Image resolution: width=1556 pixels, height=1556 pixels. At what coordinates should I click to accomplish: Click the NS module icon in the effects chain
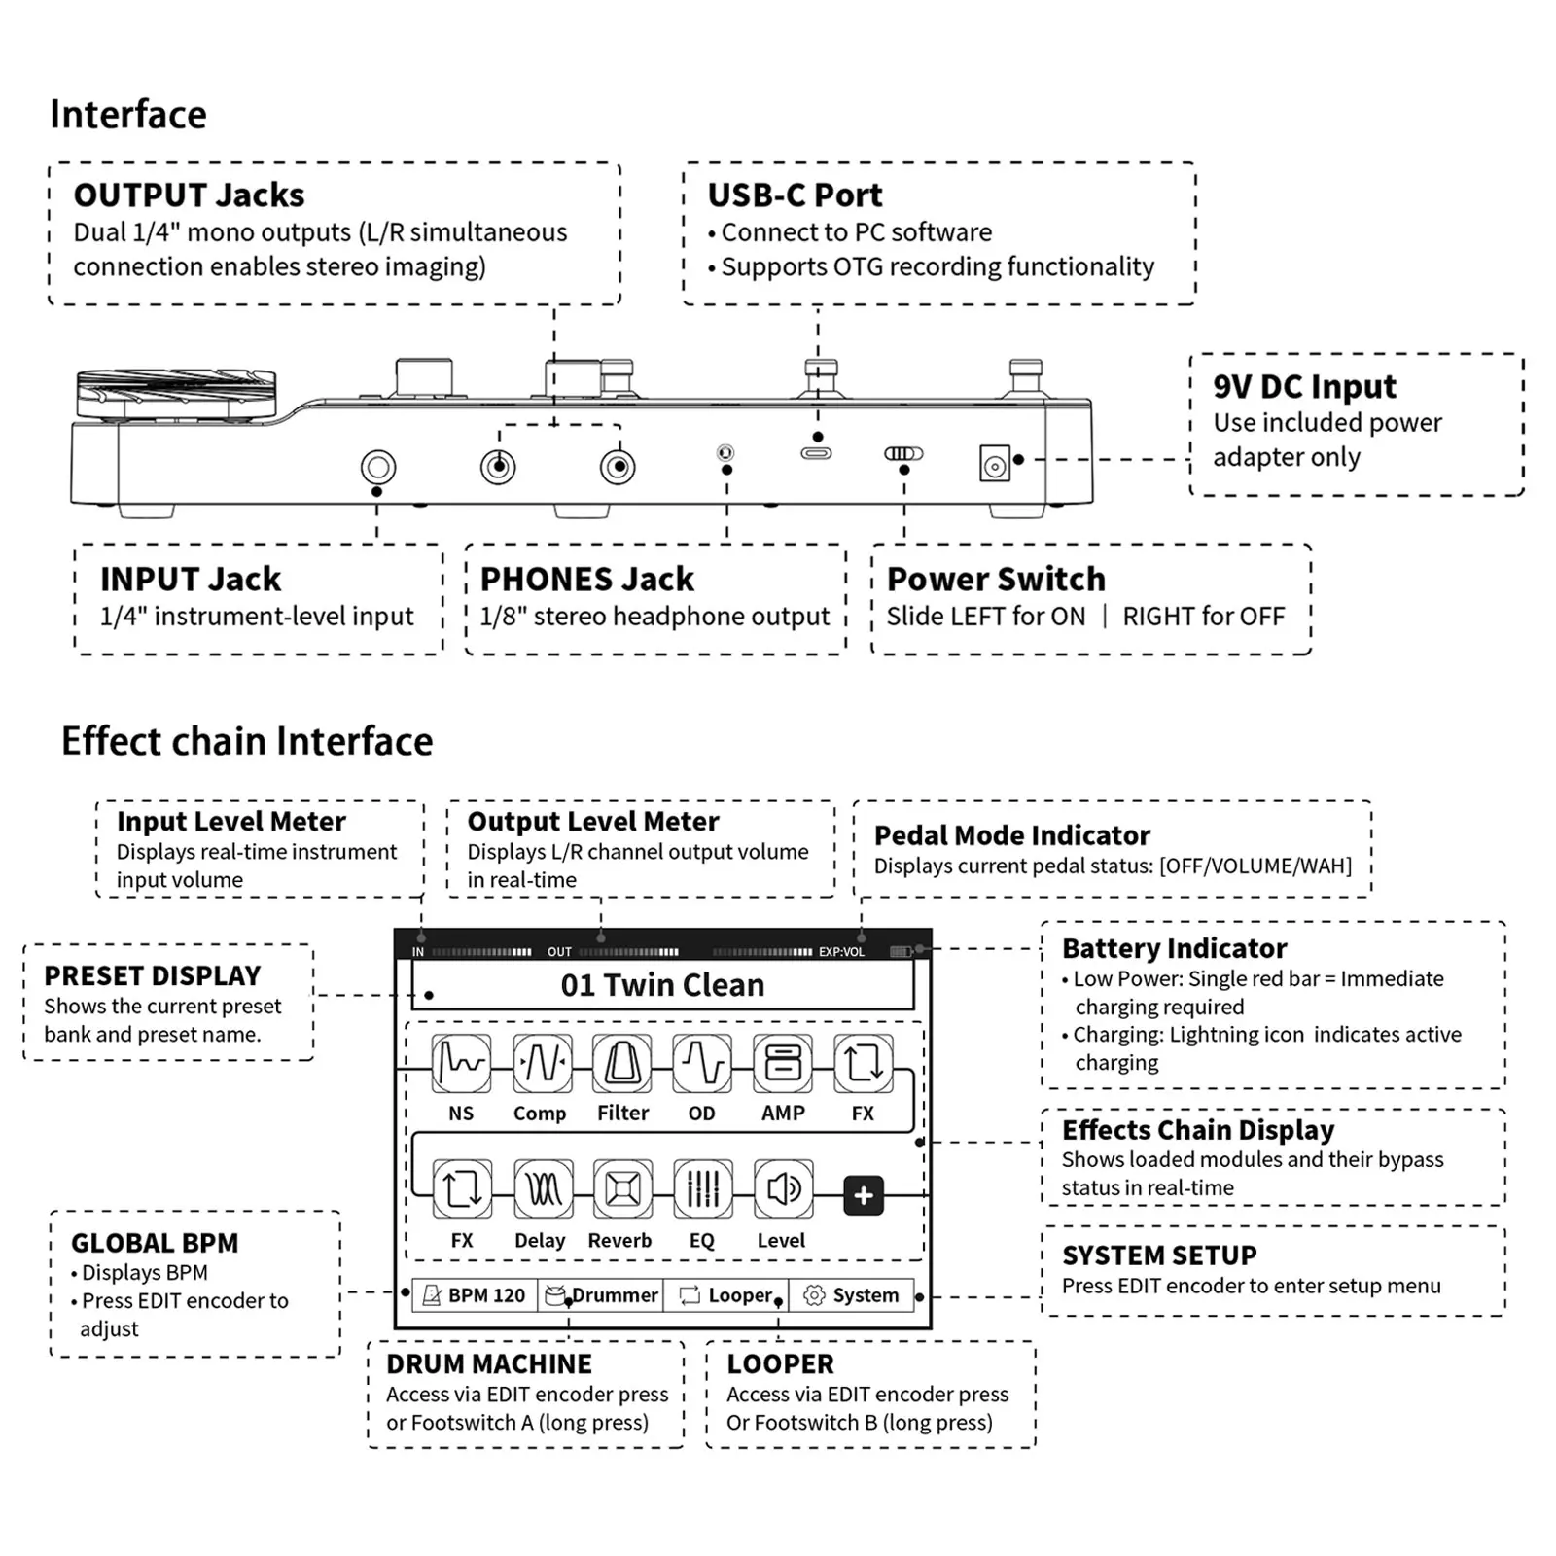pyautogui.click(x=461, y=1063)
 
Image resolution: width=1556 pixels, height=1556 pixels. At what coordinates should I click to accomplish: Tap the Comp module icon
pyautogui.click(x=542, y=1063)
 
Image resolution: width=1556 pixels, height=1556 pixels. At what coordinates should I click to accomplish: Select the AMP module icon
pyautogui.click(x=783, y=1063)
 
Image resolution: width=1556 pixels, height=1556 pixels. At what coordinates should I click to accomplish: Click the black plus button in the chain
pyautogui.click(x=864, y=1195)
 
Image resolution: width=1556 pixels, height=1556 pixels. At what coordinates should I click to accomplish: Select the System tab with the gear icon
pyautogui.click(x=852, y=1295)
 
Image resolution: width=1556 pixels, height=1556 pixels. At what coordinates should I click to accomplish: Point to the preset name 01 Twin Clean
pyautogui.click(x=662, y=985)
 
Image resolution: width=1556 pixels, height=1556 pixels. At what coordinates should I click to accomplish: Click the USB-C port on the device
pyautogui.click(x=816, y=453)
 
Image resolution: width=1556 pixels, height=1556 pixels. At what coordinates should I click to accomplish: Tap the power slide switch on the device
pyautogui.click(x=903, y=453)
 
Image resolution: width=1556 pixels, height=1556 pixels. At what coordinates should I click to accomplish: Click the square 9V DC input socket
pyautogui.click(x=994, y=464)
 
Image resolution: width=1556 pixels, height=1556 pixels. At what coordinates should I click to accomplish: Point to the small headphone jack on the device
pyautogui.click(x=725, y=452)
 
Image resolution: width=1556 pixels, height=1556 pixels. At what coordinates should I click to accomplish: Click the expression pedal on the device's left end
pyautogui.click(x=175, y=393)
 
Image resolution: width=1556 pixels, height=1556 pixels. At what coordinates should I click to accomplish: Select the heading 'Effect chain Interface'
pyautogui.click(x=247, y=741)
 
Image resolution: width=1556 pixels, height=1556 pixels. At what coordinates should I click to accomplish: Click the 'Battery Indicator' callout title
pyautogui.click(x=1174, y=948)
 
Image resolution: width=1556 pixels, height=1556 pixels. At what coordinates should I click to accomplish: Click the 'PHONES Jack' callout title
pyautogui.click(x=586, y=580)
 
